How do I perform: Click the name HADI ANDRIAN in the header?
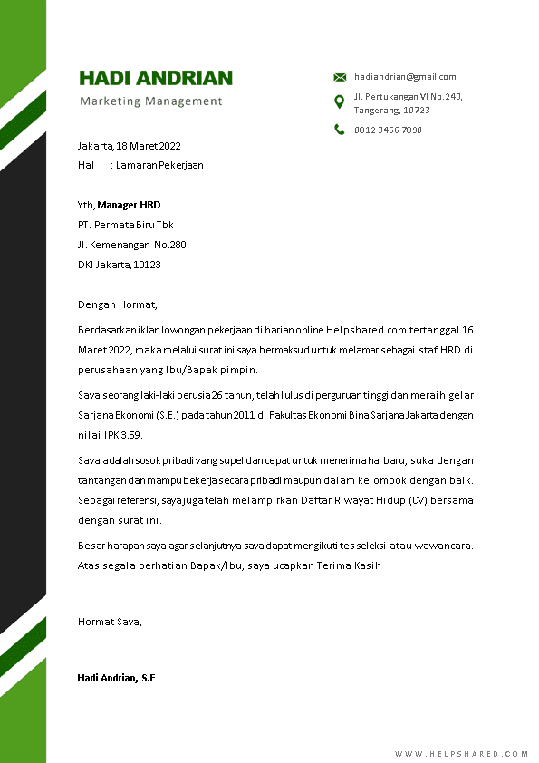(x=156, y=78)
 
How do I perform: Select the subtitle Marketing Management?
(x=150, y=101)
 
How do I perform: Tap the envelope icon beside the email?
(x=340, y=77)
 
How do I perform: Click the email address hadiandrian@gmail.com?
(x=405, y=77)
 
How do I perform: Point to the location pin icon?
(x=340, y=101)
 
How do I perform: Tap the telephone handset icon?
(x=340, y=130)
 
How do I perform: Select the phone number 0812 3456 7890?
(x=388, y=130)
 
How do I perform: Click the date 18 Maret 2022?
(x=149, y=146)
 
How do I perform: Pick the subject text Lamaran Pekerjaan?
(x=159, y=165)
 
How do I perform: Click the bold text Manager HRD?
(x=129, y=205)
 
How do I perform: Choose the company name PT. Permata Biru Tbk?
(x=125, y=225)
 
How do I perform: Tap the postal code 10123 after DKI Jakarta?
(x=147, y=265)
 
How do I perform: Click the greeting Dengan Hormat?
(x=118, y=304)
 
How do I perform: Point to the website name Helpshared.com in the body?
(x=405, y=330)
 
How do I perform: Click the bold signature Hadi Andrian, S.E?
(x=117, y=678)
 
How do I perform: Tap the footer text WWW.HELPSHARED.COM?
(x=462, y=754)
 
